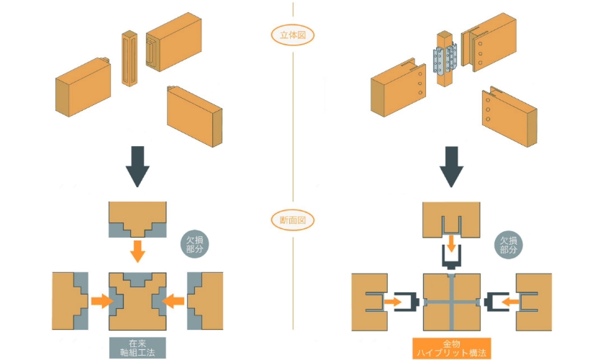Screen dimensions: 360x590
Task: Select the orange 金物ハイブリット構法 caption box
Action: pyautogui.click(x=451, y=348)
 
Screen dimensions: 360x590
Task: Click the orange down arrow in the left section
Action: pyautogui.click(x=137, y=251)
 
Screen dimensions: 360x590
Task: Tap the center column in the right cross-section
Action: pyautogui.click(x=451, y=302)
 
